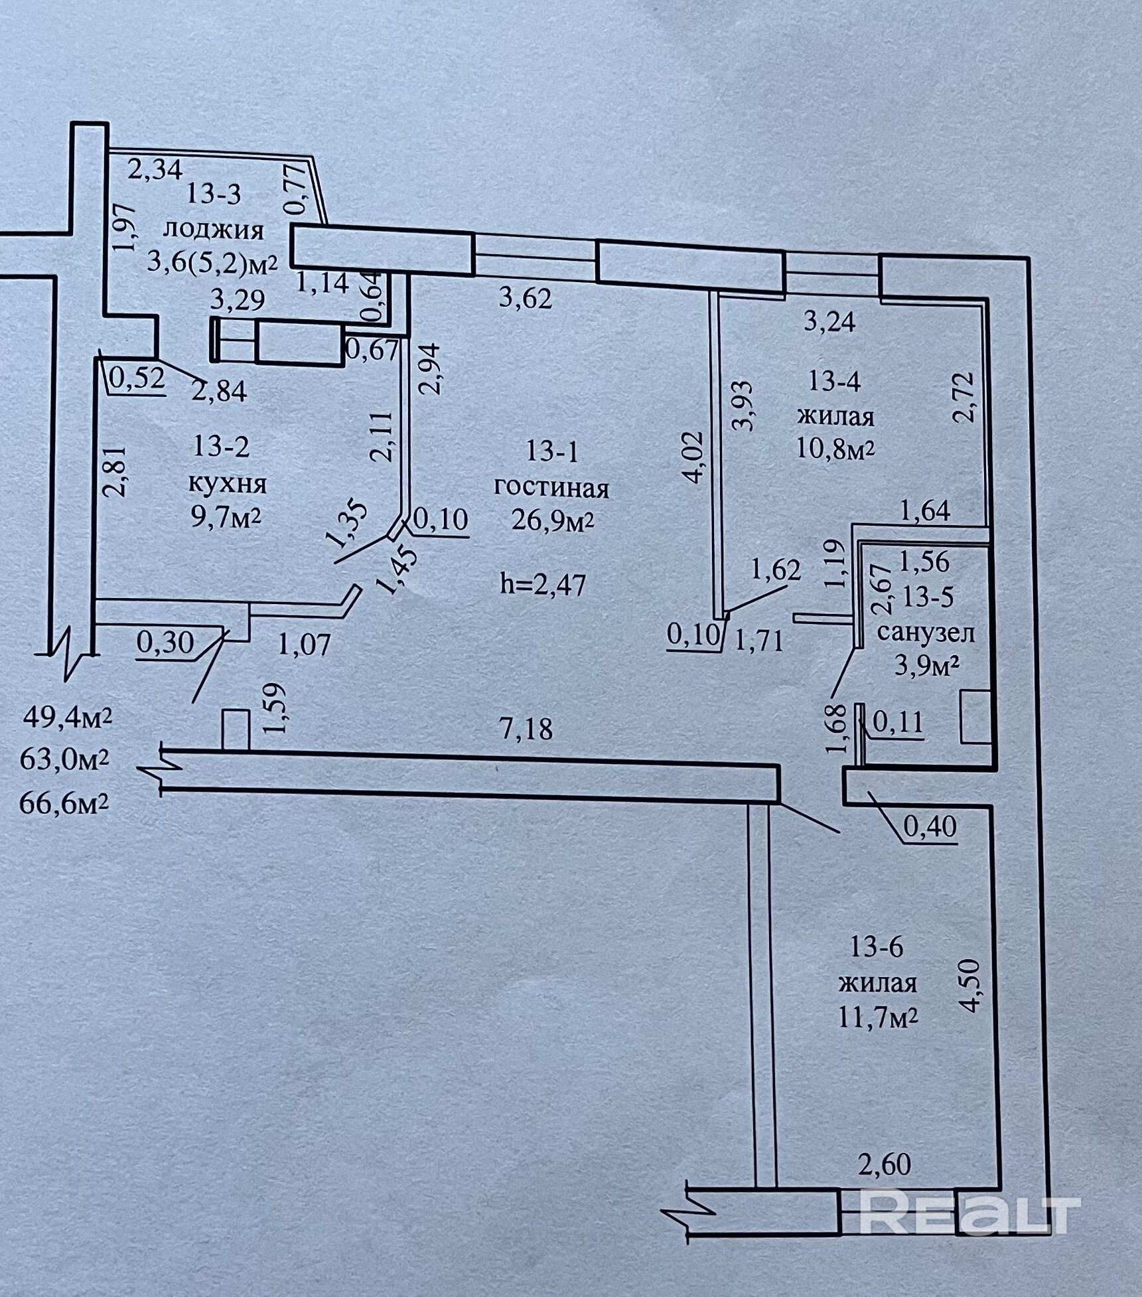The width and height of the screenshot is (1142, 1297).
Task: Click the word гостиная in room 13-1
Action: click(x=551, y=488)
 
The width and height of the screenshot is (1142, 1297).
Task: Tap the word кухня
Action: click(x=228, y=483)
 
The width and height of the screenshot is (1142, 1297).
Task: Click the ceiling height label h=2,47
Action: click(x=543, y=585)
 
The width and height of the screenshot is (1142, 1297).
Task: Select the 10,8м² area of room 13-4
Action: click(x=835, y=450)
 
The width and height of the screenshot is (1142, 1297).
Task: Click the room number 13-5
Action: click(x=927, y=597)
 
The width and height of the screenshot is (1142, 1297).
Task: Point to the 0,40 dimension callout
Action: click(x=930, y=826)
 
